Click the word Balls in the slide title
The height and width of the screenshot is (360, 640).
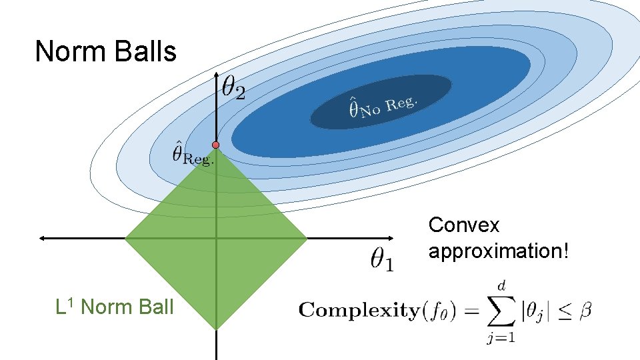(147, 51)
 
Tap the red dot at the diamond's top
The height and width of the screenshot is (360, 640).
(216, 145)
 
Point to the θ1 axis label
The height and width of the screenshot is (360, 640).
(382, 259)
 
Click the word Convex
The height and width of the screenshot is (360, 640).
(463, 225)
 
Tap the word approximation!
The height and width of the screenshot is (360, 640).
(499, 252)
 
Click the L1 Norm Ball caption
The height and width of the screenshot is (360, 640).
(115, 307)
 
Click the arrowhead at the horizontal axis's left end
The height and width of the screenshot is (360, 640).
(42, 237)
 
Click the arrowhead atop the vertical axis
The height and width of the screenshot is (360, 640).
(217, 75)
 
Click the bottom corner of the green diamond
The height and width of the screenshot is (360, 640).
(217, 327)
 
